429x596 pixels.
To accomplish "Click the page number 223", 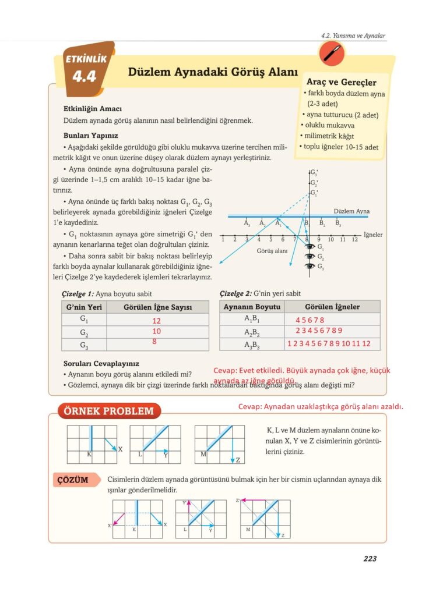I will point(370,559).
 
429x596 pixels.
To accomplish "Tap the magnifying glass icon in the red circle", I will point(332,55).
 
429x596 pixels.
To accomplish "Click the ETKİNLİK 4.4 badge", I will point(84,69).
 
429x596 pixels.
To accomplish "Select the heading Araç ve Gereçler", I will point(341,83).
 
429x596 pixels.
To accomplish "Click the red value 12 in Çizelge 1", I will point(156,321).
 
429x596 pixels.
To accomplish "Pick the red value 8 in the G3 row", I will point(154,342).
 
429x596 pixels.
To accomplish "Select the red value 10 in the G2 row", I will point(156,331).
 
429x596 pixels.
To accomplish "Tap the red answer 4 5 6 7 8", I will point(310,320).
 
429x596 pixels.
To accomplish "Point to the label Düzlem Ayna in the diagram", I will point(351,211).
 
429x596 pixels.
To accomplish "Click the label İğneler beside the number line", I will point(373,235).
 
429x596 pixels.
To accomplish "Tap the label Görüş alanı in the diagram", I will point(272,251).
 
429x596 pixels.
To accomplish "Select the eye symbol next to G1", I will point(310,247).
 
